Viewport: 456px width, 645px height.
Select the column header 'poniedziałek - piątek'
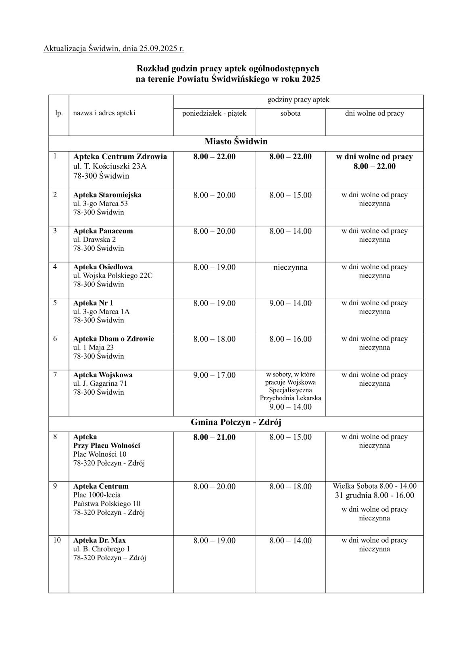click(214, 113)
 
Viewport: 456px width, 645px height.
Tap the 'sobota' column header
click(290, 113)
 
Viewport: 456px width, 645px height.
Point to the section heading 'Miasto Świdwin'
click(236, 141)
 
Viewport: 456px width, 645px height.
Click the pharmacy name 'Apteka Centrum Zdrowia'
click(120, 156)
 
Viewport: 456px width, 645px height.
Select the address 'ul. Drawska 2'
click(94, 239)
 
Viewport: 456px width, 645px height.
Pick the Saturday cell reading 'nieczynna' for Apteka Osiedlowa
click(290, 267)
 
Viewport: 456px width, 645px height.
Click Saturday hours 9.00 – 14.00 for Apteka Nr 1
click(290, 303)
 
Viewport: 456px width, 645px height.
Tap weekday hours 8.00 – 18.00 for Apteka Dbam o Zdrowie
click(214, 339)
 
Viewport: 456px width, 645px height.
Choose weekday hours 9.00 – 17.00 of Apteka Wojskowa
click(214, 375)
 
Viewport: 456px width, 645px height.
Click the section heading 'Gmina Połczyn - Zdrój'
click(236, 422)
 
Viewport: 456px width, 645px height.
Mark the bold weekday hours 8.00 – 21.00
click(214, 437)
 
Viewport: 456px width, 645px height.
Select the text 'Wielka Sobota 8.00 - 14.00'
click(375, 486)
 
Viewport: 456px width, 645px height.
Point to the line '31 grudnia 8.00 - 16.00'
click(375, 495)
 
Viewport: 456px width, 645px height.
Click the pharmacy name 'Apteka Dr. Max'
click(99, 540)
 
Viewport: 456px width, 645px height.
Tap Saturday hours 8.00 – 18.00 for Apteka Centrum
click(290, 487)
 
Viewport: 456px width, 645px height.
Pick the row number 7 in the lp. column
click(55, 375)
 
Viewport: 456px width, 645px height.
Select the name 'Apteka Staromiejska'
click(107, 195)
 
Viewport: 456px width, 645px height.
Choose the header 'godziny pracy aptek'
click(298, 100)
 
